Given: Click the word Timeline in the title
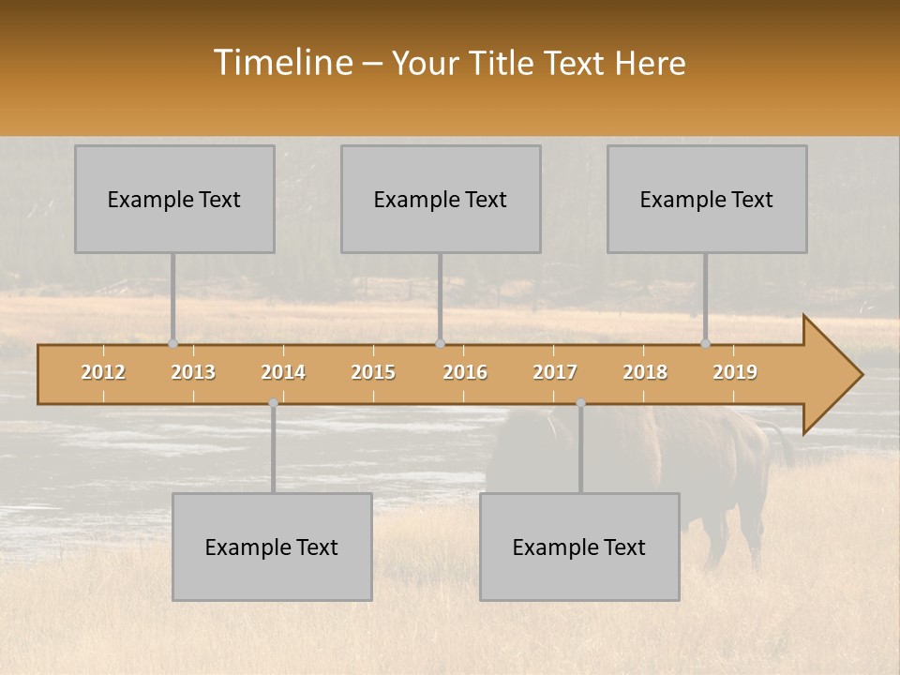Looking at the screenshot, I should (281, 63).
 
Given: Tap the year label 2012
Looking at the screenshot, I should (103, 372).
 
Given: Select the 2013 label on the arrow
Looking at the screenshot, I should (193, 372).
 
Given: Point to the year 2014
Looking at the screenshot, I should (283, 372).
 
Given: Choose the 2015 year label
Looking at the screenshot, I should (373, 372).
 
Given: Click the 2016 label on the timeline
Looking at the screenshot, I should (465, 372).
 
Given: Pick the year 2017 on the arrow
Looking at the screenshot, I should (555, 372).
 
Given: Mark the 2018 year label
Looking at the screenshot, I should (645, 372).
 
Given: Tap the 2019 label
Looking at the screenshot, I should (735, 372).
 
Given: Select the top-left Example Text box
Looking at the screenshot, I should (174, 199).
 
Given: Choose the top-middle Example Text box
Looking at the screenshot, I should (441, 199).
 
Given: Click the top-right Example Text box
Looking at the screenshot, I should (707, 199).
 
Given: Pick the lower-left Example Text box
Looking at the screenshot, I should (272, 547).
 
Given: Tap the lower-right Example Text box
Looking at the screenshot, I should (579, 547).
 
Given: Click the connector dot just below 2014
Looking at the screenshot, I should (273, 403).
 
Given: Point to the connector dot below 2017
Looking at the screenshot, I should (580, 403).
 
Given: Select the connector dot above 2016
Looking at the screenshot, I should (440, 344).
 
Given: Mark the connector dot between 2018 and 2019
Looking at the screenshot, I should (706, 344).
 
